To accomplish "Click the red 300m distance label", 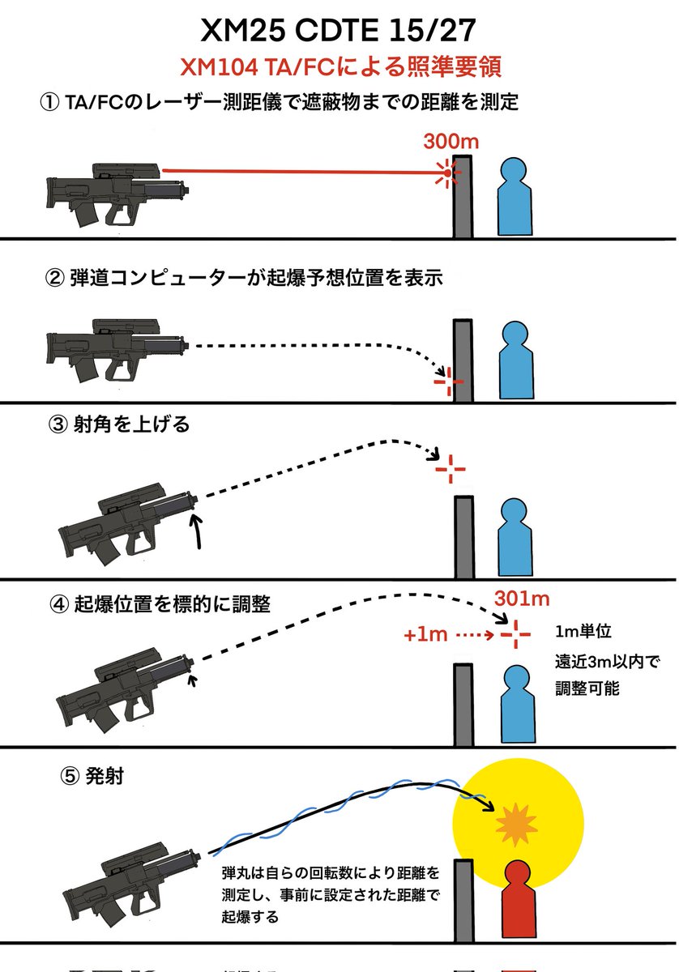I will [x=451, y=141].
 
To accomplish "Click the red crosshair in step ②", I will [x=448, y=381].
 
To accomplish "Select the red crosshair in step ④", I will [x=515, y=635].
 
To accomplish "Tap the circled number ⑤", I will [x=70, y=775].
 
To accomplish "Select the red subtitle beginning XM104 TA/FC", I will [x=339, y=66].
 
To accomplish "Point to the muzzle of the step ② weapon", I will [x=188, y=343].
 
